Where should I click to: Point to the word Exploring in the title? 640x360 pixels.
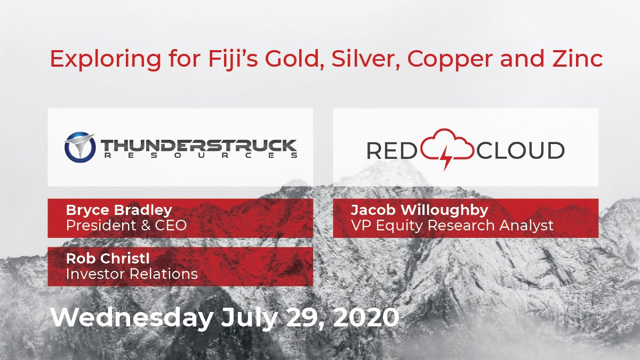pos(106,60)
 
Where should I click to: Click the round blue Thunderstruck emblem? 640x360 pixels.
pos(80,147)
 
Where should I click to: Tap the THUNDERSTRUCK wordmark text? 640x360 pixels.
pos(199,146)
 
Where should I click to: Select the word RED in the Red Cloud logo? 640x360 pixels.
pos(391,150)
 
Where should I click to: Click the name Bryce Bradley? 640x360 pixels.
pos(119,210)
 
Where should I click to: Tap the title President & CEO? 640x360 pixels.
pos(126,225)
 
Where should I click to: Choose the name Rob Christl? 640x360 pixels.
pos(108,259)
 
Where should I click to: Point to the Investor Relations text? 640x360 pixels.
pos(132,274)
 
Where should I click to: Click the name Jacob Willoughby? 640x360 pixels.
pos(419,210)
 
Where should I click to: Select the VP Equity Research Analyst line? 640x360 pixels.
pos(452,226)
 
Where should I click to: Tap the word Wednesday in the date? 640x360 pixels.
pos(132,318)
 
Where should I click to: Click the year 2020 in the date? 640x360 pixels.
pos(366,317)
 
